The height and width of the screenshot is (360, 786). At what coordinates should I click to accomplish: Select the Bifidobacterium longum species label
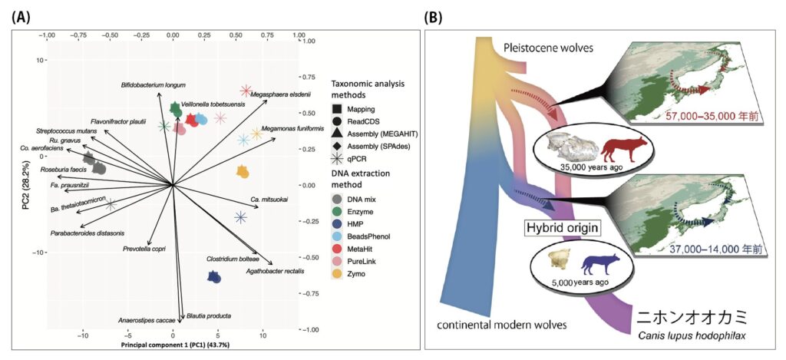click(x=154, y=84)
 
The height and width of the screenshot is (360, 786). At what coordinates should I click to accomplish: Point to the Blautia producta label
click(x=208, y=315)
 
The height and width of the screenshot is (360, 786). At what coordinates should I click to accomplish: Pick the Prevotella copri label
click(x=144, y=249)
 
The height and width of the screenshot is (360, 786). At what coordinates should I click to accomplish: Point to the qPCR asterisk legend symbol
click(x=337, y=159)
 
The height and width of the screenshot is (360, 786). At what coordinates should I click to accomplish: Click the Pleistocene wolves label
click(x=547, y=48)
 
